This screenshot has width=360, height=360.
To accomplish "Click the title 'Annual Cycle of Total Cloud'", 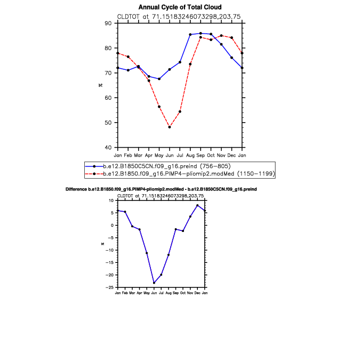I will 180,7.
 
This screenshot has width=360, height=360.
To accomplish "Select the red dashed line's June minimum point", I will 170,127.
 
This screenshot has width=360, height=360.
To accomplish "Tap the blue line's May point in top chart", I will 159,79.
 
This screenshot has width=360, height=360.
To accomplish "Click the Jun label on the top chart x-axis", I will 170,155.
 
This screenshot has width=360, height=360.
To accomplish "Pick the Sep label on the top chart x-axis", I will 201,155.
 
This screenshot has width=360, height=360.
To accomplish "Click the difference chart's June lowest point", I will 154,283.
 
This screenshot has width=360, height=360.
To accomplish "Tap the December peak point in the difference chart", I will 197,205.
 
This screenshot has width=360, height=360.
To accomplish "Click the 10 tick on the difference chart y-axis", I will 112,201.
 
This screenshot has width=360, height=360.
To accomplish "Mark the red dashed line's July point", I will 180,111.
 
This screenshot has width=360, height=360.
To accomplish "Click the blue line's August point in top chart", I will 190,35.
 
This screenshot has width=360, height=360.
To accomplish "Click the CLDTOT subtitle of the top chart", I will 180,17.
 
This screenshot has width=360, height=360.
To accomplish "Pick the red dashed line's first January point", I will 117,53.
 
